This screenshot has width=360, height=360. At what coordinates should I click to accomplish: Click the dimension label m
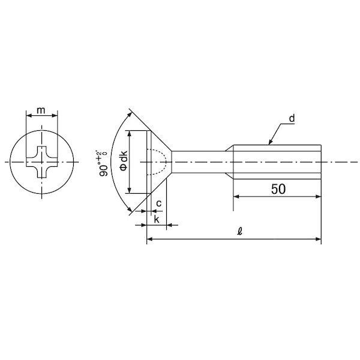point(41,110)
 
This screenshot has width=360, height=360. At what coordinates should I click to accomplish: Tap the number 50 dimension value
point(278,189)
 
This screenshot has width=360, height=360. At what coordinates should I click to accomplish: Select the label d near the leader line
point(292,118)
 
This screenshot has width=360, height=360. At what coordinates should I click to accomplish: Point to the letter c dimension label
point(158,203)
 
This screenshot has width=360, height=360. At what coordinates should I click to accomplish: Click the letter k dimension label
point(157,219)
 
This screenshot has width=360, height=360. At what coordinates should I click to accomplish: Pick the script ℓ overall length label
point(239,231)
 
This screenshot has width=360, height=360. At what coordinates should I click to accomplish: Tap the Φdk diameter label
point(124,161)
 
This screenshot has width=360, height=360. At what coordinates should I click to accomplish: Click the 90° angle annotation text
point(103,163)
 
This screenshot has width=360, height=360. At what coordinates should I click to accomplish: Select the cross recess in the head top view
point(41,162)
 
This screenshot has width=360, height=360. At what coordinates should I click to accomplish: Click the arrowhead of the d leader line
point(270,142)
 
